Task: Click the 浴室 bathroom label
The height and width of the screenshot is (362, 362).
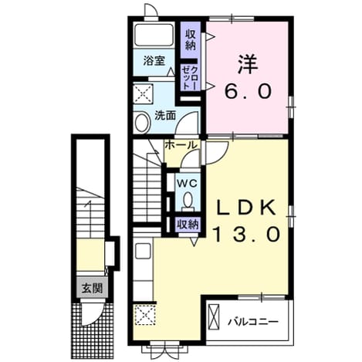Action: [154, 61]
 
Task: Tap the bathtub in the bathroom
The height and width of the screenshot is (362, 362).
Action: [154, 35]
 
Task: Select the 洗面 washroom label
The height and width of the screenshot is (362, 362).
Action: [165, 116]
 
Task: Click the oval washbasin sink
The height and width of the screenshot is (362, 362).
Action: [142, 123]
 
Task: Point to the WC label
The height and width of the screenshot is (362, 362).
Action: [188, 184]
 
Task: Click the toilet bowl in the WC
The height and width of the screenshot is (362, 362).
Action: [188, 201]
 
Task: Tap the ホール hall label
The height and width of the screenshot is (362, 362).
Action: [181, 145]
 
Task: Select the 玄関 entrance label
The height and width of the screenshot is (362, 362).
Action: [92, 288]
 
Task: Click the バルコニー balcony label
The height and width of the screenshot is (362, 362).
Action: [254, 322]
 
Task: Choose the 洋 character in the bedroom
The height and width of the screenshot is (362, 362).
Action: [248, 64]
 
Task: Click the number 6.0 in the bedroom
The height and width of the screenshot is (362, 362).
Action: [248, 92]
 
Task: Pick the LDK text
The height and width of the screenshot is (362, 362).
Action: [246, 208]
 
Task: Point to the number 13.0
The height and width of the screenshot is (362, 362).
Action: [246, 234]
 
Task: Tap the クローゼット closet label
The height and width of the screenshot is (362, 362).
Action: [190, 77]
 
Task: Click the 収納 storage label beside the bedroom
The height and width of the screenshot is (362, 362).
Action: [191, 40]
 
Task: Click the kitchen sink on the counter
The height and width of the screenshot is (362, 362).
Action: [143, 251]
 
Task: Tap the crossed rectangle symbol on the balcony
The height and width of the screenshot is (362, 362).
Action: [214, 316]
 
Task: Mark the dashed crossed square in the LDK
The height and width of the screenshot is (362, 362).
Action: [146, 315]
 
